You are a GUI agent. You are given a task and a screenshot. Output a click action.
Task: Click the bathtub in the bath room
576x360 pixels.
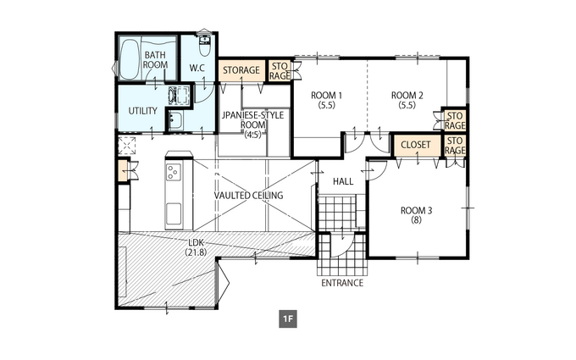point(130,59)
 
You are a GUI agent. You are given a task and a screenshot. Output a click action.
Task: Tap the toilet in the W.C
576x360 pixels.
point(205,45)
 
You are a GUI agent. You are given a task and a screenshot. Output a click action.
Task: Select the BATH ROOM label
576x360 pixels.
point(155,60)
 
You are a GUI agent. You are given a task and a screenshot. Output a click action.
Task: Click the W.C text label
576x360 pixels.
point(197,69)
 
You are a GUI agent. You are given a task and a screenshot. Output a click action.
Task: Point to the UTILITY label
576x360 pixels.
point(143,111)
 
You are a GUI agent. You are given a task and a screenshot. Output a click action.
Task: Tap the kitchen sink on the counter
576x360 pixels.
point(174,215)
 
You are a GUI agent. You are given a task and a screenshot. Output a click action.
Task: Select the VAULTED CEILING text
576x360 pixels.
point(249,195)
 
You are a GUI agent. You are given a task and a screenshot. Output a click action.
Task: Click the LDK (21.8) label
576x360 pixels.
point(197,247)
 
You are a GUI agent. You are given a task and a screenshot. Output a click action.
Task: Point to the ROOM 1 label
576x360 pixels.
point(327,100)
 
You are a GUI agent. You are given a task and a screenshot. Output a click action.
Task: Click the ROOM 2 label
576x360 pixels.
point(407,100)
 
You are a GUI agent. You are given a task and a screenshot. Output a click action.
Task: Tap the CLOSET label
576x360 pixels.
point(416,145)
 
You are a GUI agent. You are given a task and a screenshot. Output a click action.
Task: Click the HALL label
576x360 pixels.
point(343,181)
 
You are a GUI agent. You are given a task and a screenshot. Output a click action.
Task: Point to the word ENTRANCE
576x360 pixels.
point(342,283)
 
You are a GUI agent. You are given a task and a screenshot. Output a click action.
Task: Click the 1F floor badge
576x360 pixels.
point(288,319)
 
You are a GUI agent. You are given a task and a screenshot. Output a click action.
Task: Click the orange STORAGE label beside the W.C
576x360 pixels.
point(241,69)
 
